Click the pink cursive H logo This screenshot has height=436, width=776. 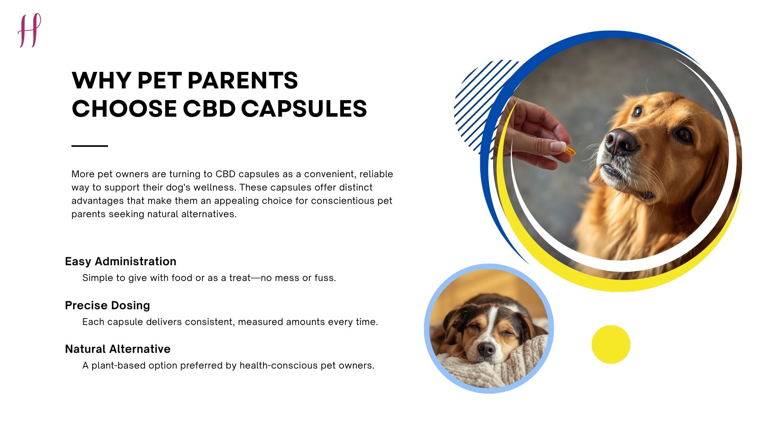coord(30,30)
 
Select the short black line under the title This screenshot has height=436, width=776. coord(89,146)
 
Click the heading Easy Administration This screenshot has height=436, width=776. coord(120,261)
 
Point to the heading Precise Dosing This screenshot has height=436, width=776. coord(107,305)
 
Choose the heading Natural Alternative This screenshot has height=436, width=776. coord(118,349)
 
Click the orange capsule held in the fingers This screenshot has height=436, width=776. coord(570,151)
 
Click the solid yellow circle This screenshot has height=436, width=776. coord(611,344)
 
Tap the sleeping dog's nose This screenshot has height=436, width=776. coord(486,348)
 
